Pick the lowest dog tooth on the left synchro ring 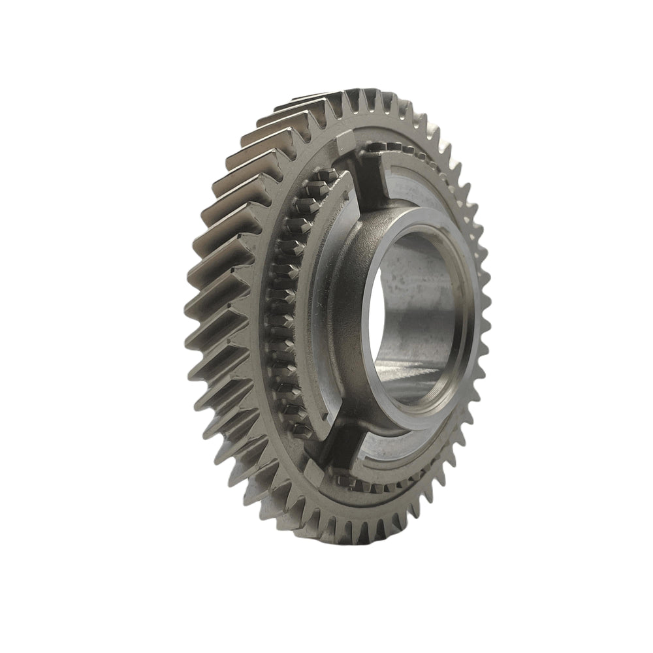(x=297, y=428)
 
